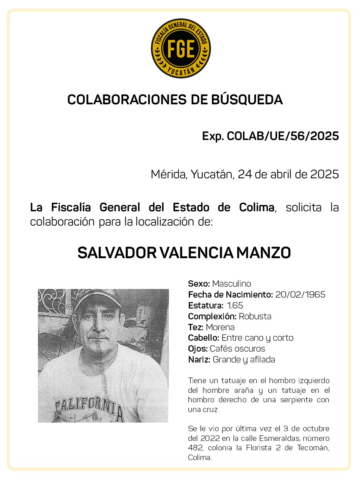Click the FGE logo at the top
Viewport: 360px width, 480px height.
click(x=181, y=49)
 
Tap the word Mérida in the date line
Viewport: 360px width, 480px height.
click(x=169, y=175)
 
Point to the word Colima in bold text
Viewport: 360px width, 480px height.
click(x=257, y=207)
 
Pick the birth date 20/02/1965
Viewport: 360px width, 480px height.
click(x=300, y=295)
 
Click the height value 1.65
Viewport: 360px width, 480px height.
click(x=235, y=305)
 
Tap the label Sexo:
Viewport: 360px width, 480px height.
click(x=199, y=284)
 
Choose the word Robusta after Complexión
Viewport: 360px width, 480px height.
click(x=255, y=316)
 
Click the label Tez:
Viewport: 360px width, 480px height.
click(x=196, y=327)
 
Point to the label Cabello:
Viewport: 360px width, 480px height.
click(x=203, y=338)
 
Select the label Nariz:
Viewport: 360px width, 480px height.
click(x=199, y=360)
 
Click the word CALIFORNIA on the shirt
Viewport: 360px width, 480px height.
click(x=90, y=407)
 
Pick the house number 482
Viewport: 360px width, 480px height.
click(x=195, y=448)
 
